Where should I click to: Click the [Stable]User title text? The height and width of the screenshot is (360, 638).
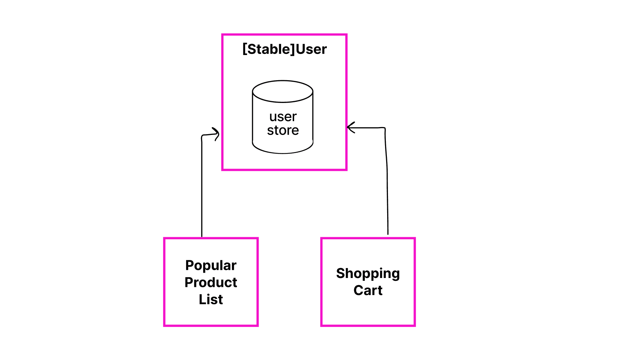point(284,49)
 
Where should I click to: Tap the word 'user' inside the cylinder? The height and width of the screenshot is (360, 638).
point(283,117)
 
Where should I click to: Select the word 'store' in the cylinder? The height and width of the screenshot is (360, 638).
point(283,130)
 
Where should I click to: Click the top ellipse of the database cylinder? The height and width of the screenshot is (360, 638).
point(283,91)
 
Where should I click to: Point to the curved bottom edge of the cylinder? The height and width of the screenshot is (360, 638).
point(283,153)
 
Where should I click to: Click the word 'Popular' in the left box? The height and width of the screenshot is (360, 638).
point(211,266)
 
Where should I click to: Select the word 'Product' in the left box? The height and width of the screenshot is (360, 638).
point(211,283)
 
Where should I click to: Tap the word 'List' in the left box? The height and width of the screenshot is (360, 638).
point(211,300)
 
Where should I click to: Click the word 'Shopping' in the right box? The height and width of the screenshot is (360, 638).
point(368,273)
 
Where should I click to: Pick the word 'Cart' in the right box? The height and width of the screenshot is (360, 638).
point(368,290)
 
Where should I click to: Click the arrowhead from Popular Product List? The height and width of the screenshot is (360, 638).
point(216,134)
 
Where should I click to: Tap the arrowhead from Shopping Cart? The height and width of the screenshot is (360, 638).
point(350,127)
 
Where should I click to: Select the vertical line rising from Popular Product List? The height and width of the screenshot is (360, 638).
point(202,188)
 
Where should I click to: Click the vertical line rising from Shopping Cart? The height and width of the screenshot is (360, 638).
point(387,188)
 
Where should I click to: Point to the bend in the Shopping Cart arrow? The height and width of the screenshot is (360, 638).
point(385,129)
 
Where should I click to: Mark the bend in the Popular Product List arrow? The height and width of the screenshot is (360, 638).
point(202,136)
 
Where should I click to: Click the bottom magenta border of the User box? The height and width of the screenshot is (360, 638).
point(284,169)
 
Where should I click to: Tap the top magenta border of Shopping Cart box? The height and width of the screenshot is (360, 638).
point(368,239)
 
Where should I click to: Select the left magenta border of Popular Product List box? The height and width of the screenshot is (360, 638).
point(164,282)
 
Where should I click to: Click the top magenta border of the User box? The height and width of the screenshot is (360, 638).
point(284,35)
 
